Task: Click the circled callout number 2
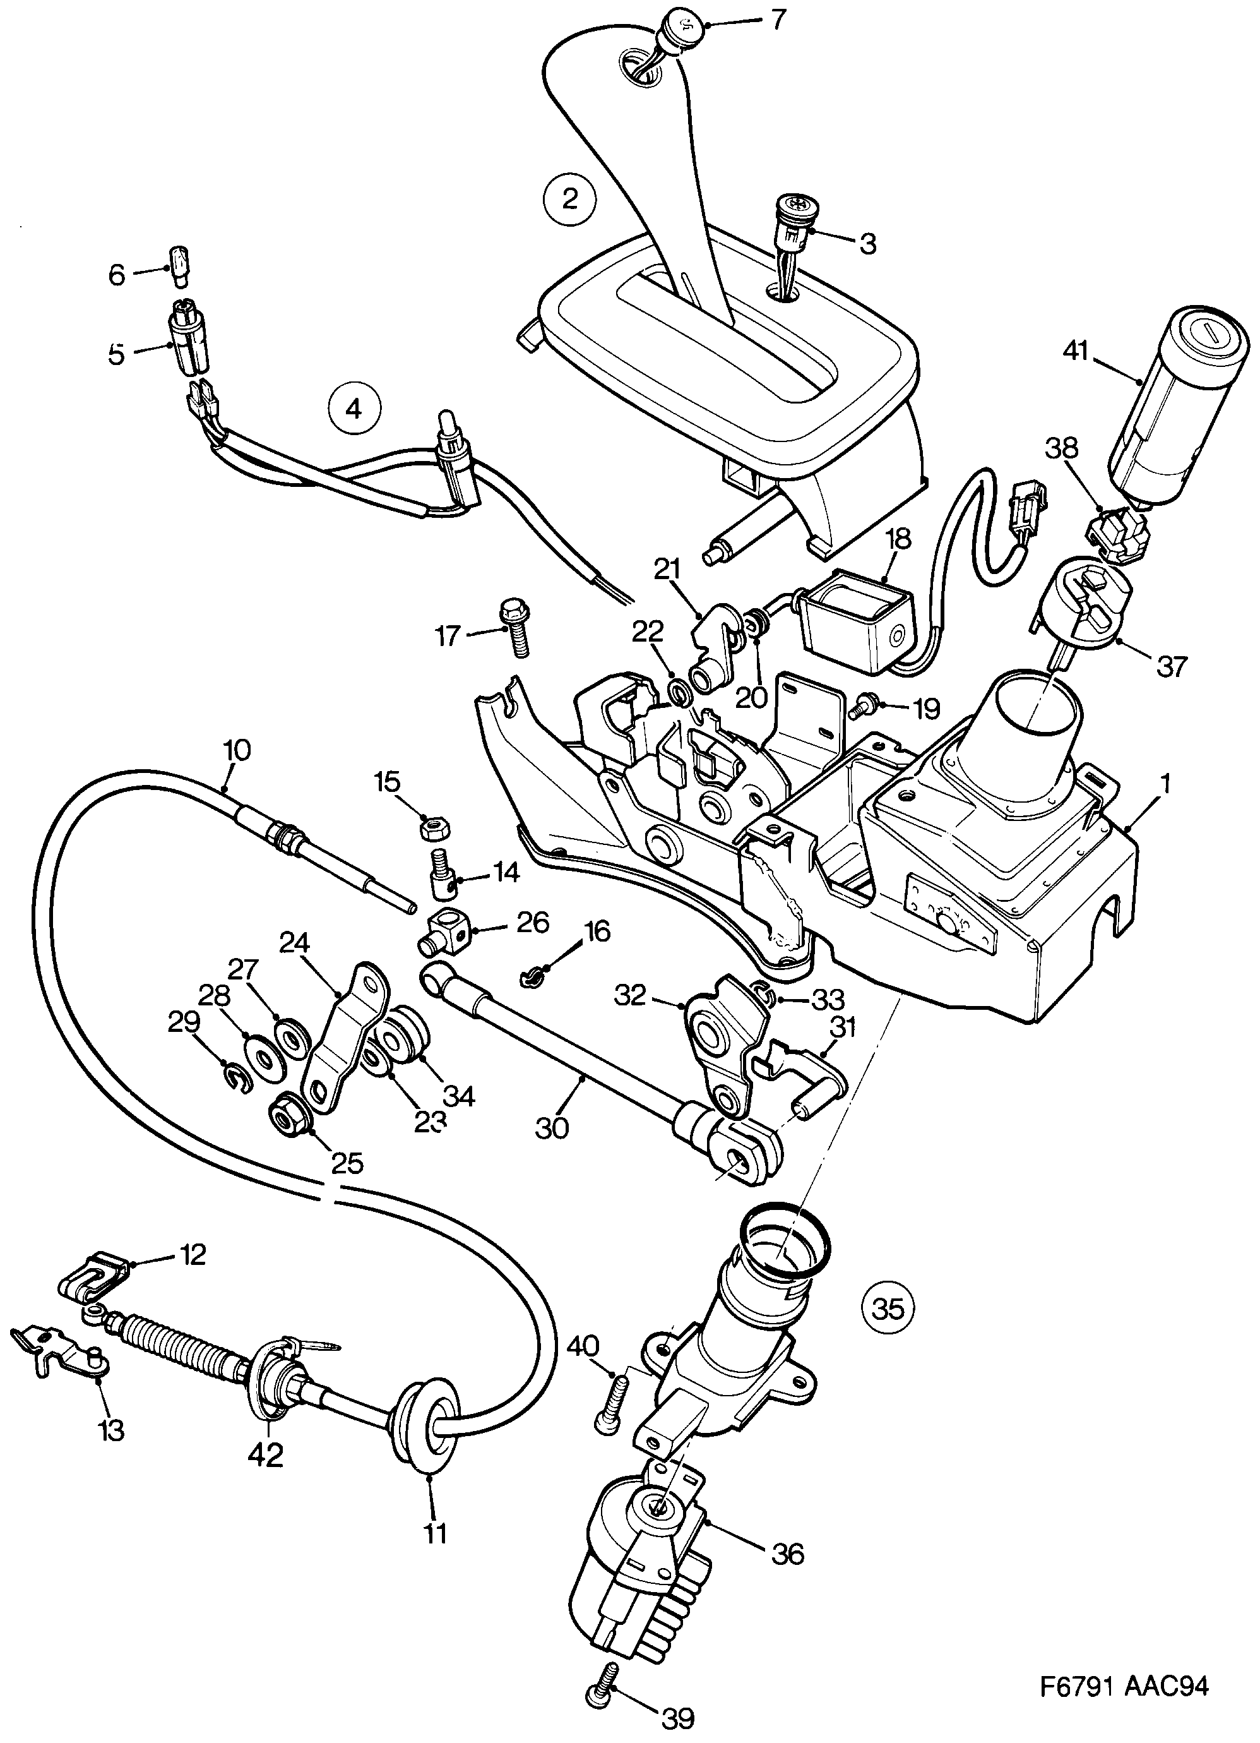(x=569, y=199)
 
